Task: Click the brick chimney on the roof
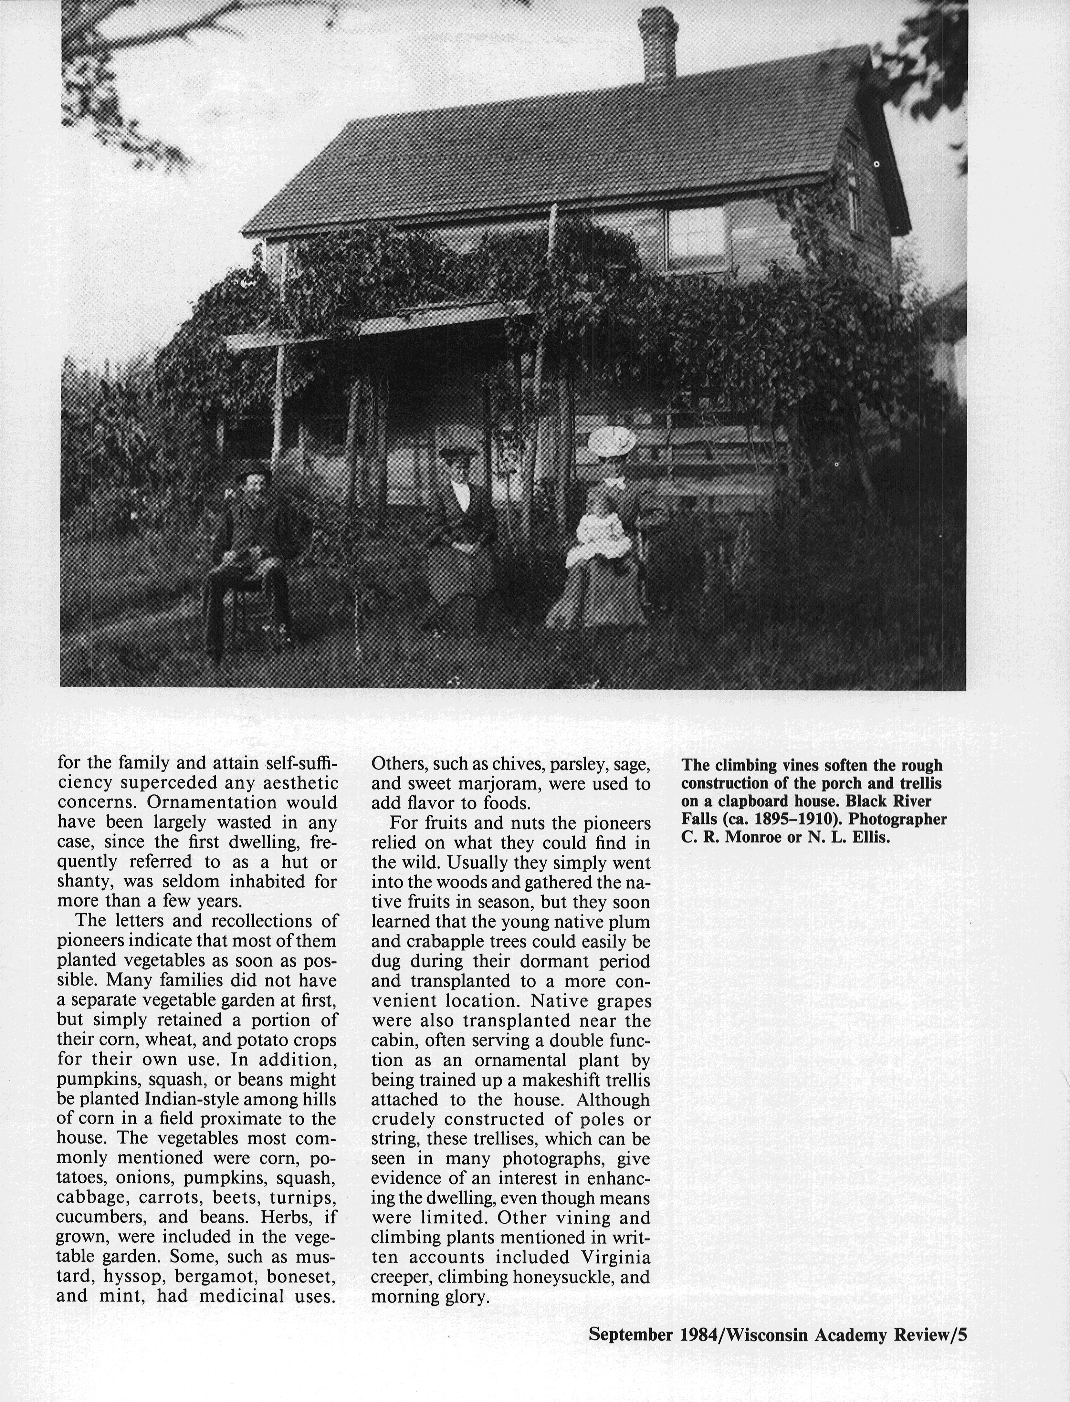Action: click(658, 46)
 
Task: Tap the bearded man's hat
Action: click(253, 474)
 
